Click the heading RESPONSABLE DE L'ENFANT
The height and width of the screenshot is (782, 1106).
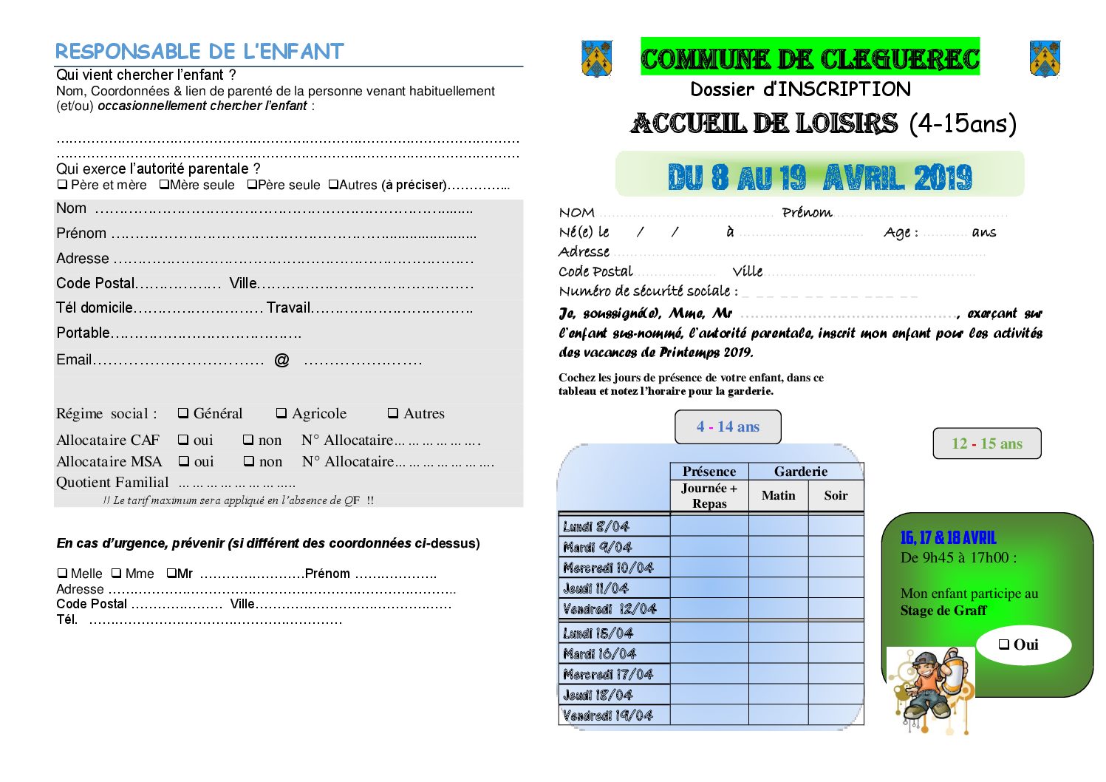199,52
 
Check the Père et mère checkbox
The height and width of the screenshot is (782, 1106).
63,185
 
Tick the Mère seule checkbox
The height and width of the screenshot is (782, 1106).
164,185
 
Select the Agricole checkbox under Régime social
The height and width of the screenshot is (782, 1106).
281,414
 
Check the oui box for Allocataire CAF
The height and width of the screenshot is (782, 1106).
183,440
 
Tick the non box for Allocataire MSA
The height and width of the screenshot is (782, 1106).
249,461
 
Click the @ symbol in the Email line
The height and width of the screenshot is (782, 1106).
281,360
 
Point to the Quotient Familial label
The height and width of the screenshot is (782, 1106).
112,483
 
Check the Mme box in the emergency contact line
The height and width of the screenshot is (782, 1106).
117,574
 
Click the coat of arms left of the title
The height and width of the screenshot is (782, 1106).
597,58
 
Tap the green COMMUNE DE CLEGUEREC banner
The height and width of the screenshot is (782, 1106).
810,57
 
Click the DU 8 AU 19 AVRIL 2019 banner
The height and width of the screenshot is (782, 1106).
819,175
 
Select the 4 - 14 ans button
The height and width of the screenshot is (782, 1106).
728,426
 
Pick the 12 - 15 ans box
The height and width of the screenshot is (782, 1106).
986,443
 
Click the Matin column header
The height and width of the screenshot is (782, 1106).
778,495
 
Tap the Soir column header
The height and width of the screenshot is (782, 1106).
836,495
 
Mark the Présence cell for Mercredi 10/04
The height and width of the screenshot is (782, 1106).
709,568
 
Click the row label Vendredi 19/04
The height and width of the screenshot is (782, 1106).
608,715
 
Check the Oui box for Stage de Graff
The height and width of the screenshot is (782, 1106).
1004,645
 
